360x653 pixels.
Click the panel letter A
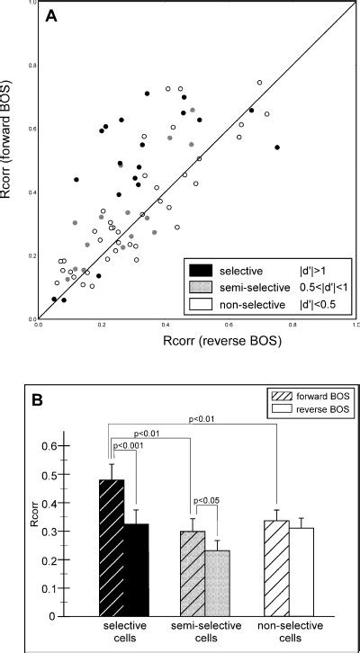[52, 15]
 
